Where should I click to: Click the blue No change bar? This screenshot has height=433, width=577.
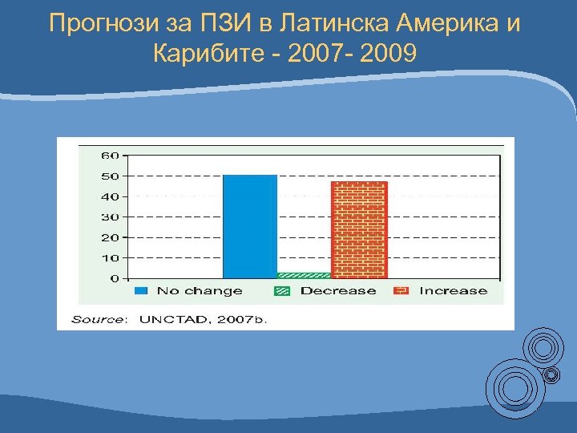(250, 226)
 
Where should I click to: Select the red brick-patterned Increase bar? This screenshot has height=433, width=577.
(359, 229)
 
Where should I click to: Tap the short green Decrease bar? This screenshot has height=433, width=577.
(304, 275)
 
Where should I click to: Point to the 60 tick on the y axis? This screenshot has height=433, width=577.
(110, 155)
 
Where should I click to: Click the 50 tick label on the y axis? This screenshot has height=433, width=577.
(110, 176)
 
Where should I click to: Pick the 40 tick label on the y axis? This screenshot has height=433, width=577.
(110, 196)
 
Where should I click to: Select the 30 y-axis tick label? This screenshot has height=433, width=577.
(110, 216)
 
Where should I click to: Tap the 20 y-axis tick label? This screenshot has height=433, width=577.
(110, 237)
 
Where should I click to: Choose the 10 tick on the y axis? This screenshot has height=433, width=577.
(110, 258)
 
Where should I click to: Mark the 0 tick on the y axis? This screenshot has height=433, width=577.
(114, 278)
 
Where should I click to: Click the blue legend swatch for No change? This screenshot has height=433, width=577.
(142, 291)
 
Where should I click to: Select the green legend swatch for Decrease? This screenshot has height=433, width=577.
(281, 291)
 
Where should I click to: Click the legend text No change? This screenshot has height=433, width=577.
(200, 291)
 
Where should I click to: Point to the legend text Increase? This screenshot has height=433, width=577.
(453, 291)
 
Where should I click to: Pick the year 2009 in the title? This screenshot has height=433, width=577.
(389, 55)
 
